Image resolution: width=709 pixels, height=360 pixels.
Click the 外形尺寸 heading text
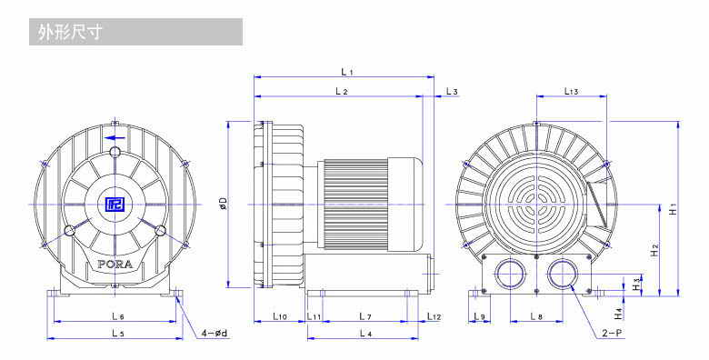point(70,32)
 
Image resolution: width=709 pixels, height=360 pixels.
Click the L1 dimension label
point(347,72)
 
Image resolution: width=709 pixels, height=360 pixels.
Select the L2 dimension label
point(342,91)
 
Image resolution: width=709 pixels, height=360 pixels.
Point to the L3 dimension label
point(452,91)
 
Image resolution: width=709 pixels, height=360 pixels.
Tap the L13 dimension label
point(571,91)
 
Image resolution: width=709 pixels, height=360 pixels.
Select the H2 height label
point(654,251)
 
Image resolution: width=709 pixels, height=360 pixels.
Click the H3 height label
point(636,284)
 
